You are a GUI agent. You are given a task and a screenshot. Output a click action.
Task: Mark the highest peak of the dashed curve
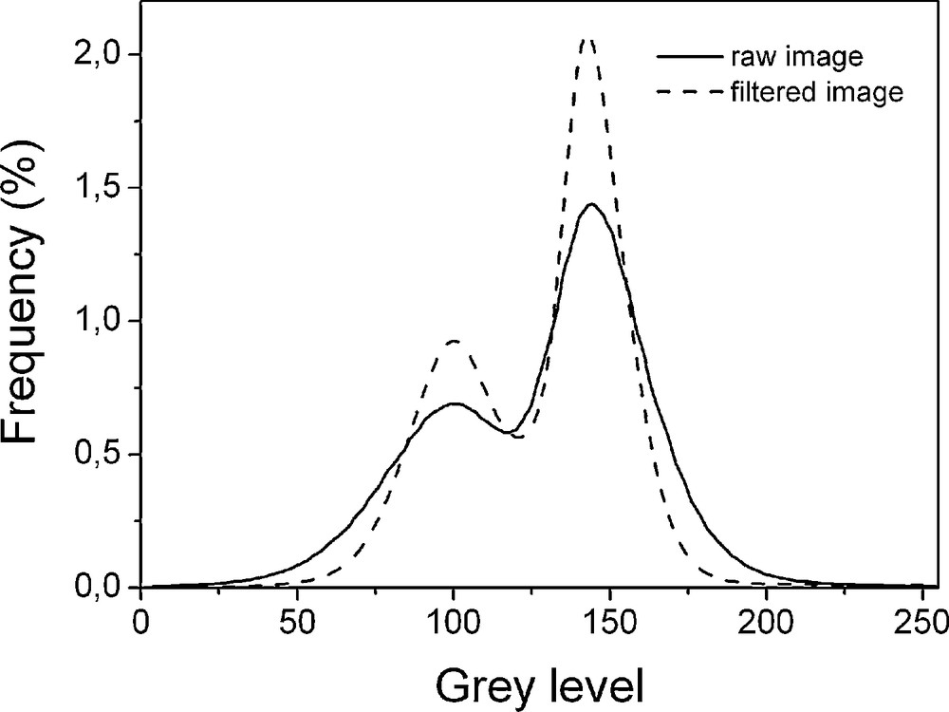(588, 39)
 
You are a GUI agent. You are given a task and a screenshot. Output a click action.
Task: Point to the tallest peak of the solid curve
(592, 204)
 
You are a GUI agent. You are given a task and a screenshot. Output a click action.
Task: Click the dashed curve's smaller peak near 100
(455, 340)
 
